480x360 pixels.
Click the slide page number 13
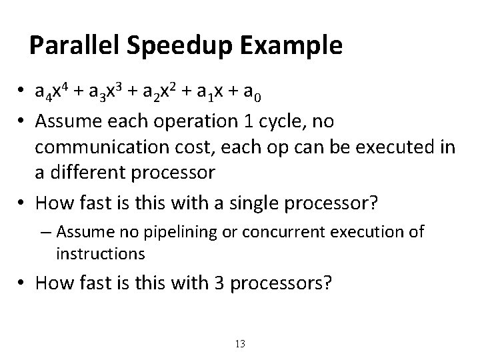coord(241,344)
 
